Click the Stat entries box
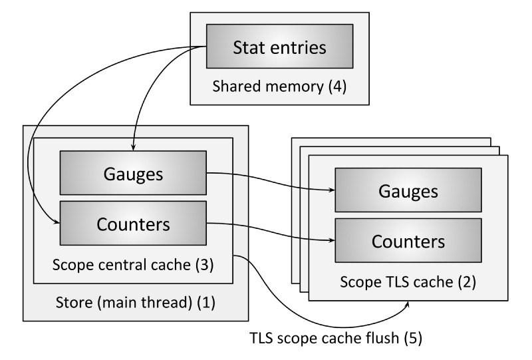[x=279, y=47]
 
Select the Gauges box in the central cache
[x=133, y=173]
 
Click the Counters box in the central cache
[x=133, y=224]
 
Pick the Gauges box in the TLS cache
[x=408, y=191]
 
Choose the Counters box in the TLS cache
[x=408, y=240]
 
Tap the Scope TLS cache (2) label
[x=408, y=281]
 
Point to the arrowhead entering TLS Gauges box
[x=331, y=191]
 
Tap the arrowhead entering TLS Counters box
[x=331, y=240]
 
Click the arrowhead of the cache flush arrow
[x=407, y=305]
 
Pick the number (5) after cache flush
[x=412, y=337]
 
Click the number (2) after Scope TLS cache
[x=465, y=281]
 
